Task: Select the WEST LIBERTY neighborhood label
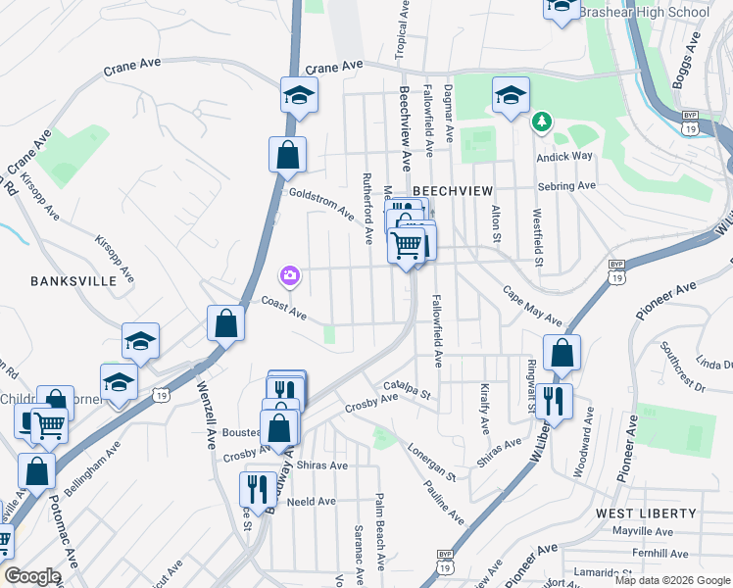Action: [x=646, y=514]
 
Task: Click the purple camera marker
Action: [x=289, y=276]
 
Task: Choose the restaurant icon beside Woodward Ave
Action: [x=554, y=401]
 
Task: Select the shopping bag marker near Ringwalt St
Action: [x=562, y=354]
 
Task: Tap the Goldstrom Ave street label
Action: [x=321, y=202]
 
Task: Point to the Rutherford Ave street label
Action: [x=366, y=209]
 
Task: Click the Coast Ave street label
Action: [x=284, y=309]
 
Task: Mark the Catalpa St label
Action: [x=407, y=390]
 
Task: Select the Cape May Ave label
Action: [x=533, y=306]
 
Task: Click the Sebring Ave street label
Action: [x=565, y=186]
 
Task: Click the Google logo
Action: [x=32, y=576]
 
